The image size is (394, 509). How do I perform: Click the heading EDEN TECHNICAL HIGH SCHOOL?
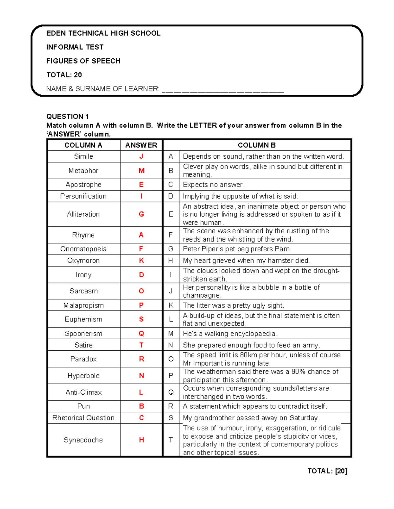(103, 33)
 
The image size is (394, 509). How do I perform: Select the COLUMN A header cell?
(83, 145)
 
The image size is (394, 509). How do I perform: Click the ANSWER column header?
(141, 145)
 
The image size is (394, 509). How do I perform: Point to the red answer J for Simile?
(141, 156)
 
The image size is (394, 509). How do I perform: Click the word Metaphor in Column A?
(83, 171)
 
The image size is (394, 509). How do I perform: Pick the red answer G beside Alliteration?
(141, 214)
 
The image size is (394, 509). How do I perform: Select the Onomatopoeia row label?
(83, 249)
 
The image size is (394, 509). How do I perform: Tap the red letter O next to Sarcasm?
(141, 291)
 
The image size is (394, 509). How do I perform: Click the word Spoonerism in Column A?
(83, 334)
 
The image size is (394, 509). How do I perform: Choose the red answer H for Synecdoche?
(141, 440)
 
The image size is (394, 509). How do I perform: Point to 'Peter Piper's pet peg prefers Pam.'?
(237, 249)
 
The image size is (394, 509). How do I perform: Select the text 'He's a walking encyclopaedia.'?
(230, 334)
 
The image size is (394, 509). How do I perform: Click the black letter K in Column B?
(171, 305)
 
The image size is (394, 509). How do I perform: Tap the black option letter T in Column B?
(171, 440)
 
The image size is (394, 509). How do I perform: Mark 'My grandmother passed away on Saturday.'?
(251, 418)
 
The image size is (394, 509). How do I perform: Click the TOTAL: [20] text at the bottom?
(327, 471)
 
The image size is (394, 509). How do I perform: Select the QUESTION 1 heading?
(68, 116)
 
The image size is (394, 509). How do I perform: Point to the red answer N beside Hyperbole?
(141, 376)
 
